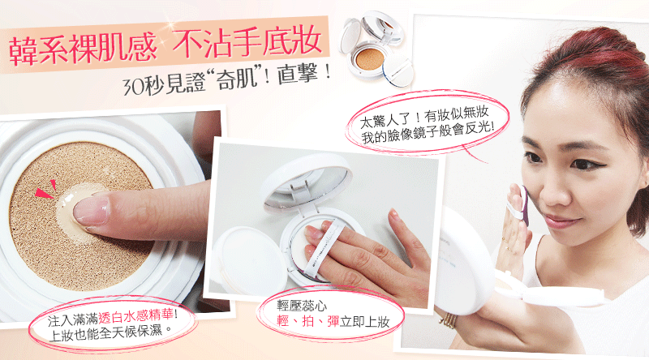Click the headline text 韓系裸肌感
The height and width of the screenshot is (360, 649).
pos(83,49)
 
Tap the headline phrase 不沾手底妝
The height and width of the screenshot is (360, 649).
pos(247,42)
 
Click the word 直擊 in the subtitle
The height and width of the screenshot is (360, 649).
pos(298,75)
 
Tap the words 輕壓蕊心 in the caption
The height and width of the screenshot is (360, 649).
pos(302,306)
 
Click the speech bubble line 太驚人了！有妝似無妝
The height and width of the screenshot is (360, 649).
pos(425,116)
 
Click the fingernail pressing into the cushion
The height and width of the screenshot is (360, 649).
pos(92,210)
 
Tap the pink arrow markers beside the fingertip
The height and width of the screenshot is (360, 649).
pos(46,189)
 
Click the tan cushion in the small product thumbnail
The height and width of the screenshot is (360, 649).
pos(371,58)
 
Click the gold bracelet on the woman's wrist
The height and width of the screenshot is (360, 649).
pos(450,320)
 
